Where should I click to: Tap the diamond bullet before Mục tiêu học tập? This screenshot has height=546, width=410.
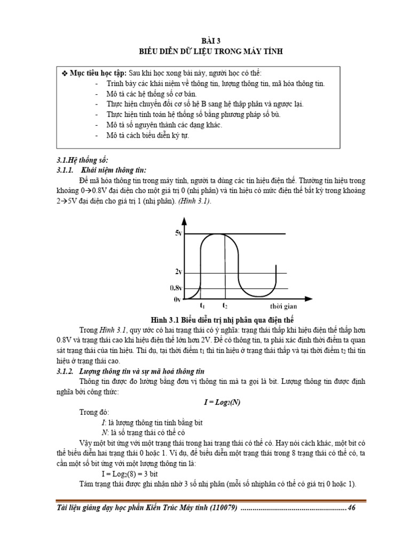tap(64, 73)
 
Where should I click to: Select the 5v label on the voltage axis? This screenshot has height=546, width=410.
tap(178, 234)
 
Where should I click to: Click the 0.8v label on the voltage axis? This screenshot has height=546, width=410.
tap(177, 288)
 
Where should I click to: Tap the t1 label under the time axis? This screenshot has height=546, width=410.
tap(202, 306)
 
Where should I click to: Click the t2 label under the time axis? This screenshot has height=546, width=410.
tap(225, 306)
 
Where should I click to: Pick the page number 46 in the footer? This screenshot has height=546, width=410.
tap(351, 508)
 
